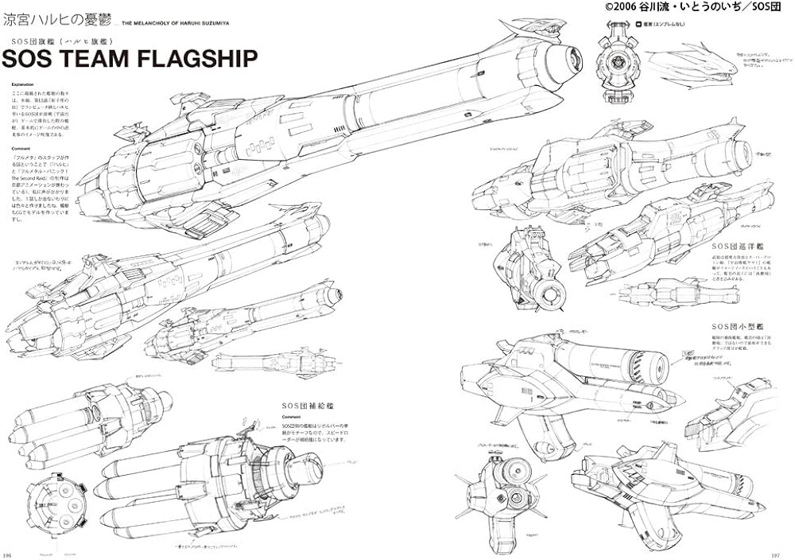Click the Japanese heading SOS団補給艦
click(x=304, y=406)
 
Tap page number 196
click(x=8, y=554)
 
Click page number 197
click(x=785, y=554)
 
